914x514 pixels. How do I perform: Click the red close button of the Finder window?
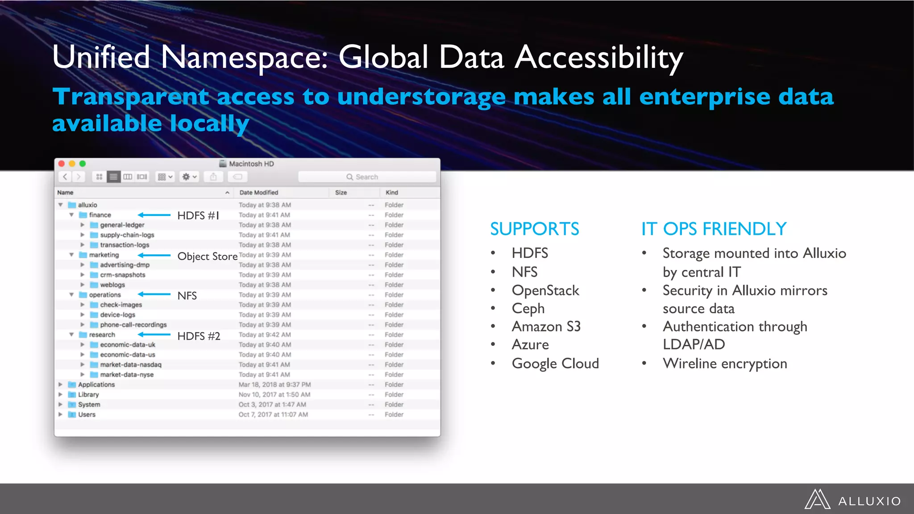coord(62,164)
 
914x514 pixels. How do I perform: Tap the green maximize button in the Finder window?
coord(83,164)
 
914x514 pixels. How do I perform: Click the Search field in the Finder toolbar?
coord(367,177)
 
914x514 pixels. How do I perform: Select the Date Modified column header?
coord(259,193)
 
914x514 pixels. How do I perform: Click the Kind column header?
coord(392,193)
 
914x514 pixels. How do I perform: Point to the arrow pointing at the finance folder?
coord(154,215)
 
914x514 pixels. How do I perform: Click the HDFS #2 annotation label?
coord(199,336)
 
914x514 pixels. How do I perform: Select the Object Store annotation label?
coord(208,257)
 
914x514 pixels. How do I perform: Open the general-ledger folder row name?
coord(122,225)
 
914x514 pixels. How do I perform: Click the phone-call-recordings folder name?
coord(133,325)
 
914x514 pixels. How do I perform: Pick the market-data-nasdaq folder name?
coord(130,365)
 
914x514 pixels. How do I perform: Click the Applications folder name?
coord(96,385)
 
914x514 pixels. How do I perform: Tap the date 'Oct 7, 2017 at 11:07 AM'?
coord(273,415)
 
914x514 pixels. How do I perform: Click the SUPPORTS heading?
coord(535,229)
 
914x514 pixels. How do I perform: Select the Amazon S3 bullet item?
coord(546,327)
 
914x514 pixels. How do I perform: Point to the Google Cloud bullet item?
coord(555,364)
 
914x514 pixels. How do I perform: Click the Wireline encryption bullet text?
coord(725,364)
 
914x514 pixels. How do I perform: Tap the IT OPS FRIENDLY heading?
coord(714,229)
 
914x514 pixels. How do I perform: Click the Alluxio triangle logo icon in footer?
coord(817,500)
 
